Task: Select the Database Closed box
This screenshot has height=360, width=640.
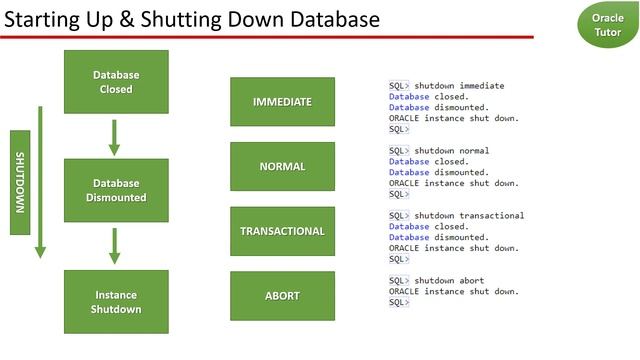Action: pos(116,82)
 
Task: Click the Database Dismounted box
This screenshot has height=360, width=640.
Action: pos(116,190)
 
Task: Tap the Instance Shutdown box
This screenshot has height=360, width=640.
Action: pos(116,302)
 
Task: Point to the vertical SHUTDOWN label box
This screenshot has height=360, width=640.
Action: pos(19,181)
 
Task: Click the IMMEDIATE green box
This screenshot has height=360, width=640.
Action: pos(282,102)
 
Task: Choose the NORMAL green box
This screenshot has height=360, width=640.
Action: pos(282,167)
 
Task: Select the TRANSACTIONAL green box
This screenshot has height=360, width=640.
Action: pos(282,231)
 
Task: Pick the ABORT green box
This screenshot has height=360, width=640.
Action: pos(282,296)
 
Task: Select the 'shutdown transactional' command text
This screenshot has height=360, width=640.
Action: pos(469,216)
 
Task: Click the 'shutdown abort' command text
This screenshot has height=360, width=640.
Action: pos(449,281)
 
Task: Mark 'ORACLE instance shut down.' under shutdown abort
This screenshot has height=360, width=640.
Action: pos(454,291)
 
